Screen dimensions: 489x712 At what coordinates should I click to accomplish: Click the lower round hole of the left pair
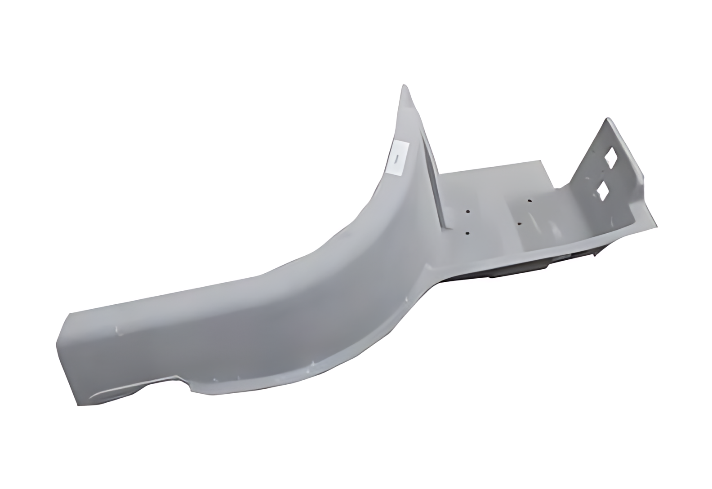(467, 233)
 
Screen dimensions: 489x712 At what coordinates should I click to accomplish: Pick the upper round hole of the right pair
(530, 200)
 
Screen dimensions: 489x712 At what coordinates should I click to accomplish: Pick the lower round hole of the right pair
(519, 223)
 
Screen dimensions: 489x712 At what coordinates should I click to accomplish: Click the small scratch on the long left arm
(119, 332)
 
